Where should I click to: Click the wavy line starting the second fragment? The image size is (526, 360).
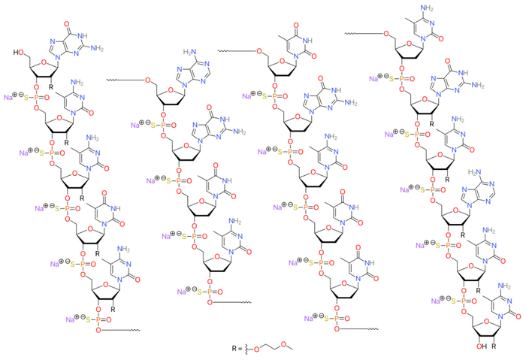[119, 77]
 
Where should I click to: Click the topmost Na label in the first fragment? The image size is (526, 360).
[10, 97]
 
